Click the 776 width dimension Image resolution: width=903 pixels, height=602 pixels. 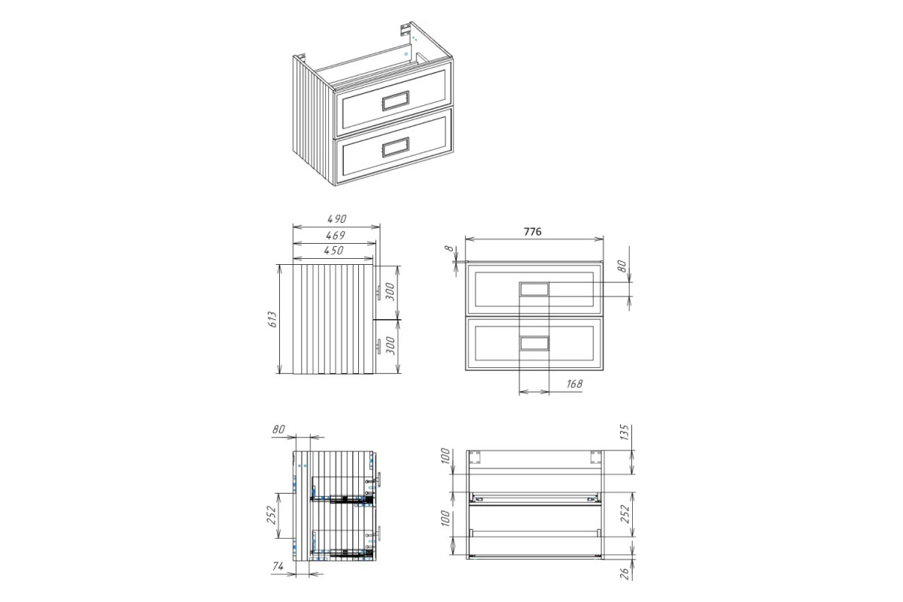[x=532, y=232]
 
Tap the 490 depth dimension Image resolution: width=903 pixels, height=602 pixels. [x=336, y=218]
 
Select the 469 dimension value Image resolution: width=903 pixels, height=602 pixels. [x=336, y=235]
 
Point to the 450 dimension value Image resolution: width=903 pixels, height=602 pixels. [x=334, y=251]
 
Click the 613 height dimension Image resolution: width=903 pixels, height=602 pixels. [x=273, y=319]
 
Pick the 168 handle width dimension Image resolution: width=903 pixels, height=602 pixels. [x=574, y=384]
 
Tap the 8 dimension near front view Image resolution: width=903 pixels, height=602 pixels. [x=449, y=248]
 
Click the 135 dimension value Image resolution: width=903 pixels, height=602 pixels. [x=624, y=432]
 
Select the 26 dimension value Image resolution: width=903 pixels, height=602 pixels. [x=624, y=573]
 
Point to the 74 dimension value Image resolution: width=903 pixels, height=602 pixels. [x=278, y=566]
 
